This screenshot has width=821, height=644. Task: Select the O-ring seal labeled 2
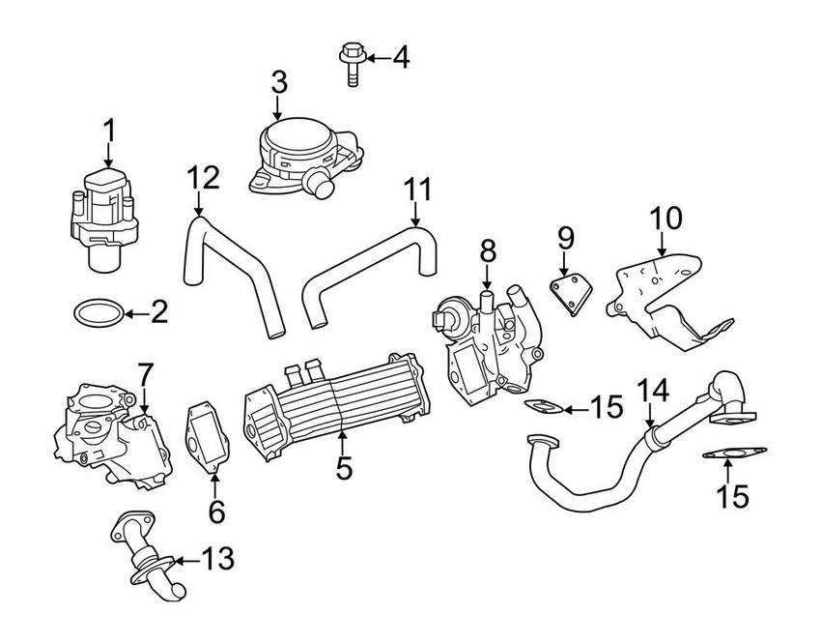click(99, 313)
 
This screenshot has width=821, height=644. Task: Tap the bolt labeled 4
click(353, 65)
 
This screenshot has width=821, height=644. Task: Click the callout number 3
click(279, 82)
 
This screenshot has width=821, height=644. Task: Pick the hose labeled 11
click(369, 275)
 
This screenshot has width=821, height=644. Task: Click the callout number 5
click(344, 467)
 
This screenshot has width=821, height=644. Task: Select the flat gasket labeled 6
click(207, 437)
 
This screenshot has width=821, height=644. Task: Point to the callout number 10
click(666, 219)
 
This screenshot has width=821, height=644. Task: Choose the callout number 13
click(218, 559)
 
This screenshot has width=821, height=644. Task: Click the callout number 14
click(653, 391)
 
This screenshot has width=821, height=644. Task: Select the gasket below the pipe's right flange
click(734, 453)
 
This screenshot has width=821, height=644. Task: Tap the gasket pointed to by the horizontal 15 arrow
click(544, 406)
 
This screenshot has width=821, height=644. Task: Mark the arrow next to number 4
click(378, 58)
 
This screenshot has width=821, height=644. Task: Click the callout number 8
click(488, 252)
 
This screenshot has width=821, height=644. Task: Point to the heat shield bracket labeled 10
click(670, 302)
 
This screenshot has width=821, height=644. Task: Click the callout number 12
click(203, 178)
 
